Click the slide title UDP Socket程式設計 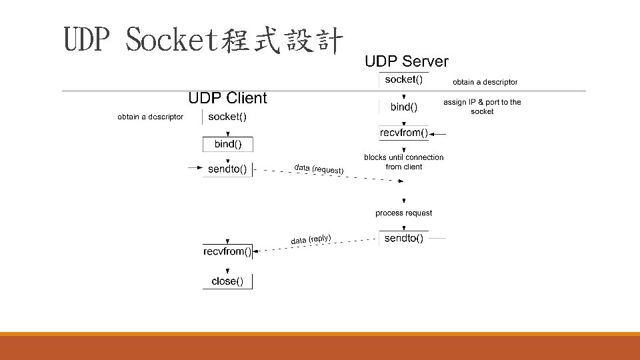[x=203, y=41]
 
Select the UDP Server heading [x=406, y=61]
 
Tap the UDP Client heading [x=227, y=98]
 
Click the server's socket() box [x=404, y=79]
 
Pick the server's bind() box [x=404, y=107]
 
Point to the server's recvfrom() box [x=404, y=133]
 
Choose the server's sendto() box [x=404, y=238]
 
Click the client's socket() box [x=227, y=117]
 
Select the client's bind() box [x=227, y=144]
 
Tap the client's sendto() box [x=227, y=169]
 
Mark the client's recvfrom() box [x=227, y=251]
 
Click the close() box [x=227, y=281]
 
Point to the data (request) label [x=319, y=169]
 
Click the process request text [x=403, y=213]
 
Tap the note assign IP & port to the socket [x=482, y=107]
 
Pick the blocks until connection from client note [x=403, y=162]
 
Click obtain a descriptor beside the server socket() [x=485, y=82]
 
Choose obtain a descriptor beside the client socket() [x=150, y=117]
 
